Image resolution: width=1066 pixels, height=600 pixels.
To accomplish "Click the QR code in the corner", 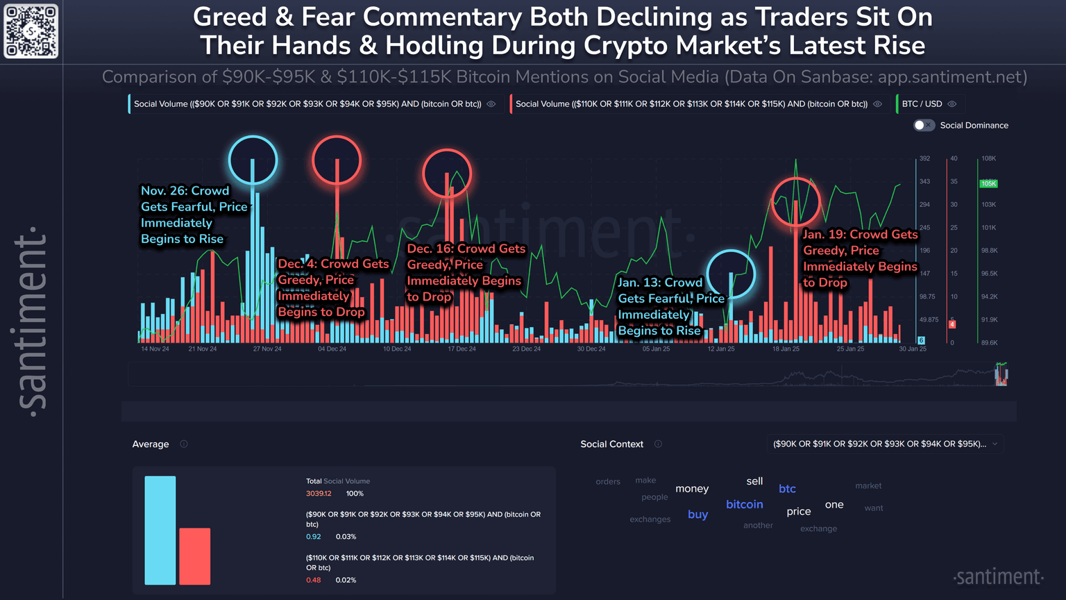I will tap(31, 31).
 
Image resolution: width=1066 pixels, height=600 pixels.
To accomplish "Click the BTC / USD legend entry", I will tap(922, 104).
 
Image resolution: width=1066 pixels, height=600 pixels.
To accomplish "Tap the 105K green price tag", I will tap(988, 183).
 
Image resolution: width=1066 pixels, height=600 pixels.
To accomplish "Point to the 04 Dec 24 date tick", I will tap(332, 349).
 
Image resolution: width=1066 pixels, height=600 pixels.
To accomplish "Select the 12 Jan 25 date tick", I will tap(721, 349).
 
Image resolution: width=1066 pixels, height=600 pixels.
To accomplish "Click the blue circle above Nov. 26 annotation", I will tap(253, 160).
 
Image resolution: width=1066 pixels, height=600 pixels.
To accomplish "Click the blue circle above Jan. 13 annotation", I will tap(731, 274).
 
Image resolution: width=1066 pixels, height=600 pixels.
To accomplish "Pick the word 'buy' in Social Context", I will tap(697, 515).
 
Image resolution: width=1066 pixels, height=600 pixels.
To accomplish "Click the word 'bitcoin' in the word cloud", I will tap(744, 505).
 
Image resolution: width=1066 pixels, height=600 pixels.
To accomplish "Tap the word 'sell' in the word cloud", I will tap(754, 481).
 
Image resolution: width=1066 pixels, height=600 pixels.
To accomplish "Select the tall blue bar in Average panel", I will tap(160, 530).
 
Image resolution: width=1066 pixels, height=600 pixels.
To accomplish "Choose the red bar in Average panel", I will tap(195, 556).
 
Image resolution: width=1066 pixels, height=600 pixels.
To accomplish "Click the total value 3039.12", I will tap(319, 494).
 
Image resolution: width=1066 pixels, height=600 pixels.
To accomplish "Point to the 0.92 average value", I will tap(314, 537).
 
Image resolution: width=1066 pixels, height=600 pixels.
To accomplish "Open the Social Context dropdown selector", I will tap(885, 444).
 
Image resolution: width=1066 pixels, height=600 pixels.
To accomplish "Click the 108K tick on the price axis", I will tap(988, 158).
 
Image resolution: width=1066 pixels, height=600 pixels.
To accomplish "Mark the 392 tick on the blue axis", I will tap(924, 158).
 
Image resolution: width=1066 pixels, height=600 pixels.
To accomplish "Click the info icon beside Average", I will tap(184, 444).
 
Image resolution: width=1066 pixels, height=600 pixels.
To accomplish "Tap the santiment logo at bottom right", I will tap(999, 577).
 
